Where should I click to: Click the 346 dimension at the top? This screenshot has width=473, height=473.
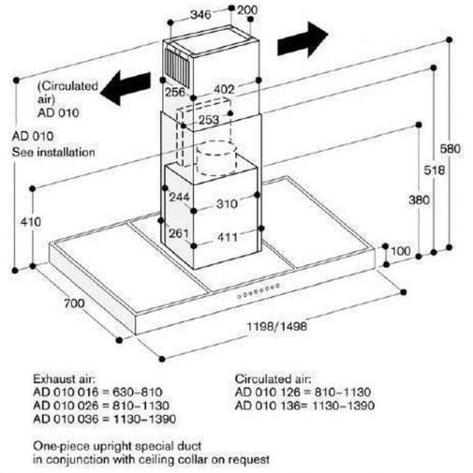200,15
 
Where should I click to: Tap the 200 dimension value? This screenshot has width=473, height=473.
247,10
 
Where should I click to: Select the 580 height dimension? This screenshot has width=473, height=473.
451,149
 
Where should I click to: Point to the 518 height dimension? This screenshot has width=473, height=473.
435,170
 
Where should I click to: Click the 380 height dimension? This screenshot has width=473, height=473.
419,200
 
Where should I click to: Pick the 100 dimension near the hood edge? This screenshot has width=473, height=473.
401,251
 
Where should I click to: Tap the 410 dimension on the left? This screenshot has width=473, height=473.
31,222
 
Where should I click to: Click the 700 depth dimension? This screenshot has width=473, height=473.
74,303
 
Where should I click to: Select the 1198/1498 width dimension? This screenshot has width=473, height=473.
277,327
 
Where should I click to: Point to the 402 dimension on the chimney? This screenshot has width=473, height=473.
224,90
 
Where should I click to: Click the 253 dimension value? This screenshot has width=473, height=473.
209,120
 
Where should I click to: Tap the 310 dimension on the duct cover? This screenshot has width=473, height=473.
227,204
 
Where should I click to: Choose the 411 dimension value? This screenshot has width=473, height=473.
228,237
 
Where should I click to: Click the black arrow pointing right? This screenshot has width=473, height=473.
303,39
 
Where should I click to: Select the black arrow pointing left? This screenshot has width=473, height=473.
126,88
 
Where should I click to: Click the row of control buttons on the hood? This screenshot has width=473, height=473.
258,290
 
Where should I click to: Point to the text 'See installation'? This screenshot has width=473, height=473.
53,153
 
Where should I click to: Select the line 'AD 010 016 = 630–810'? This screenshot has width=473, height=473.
97,392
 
